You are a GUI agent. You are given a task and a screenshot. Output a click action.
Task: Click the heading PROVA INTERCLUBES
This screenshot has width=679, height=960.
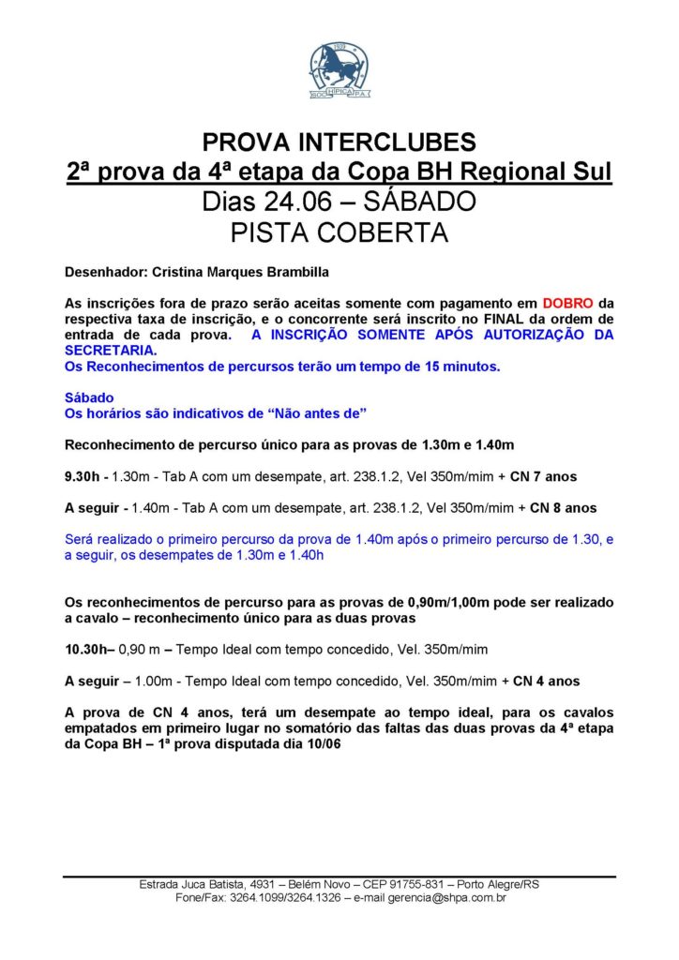click(x=339, y=142)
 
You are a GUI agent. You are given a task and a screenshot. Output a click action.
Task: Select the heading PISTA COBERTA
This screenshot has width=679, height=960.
click(x=339, y=232)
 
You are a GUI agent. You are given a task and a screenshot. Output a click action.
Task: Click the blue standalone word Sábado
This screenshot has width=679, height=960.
click(x=88, y=397)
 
